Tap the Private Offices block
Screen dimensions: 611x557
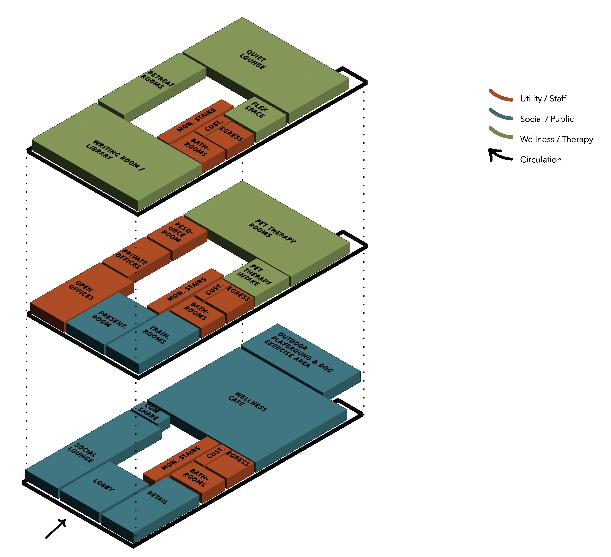pyautogui.click(x=131, y=259)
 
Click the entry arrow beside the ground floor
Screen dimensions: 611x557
pyautogui.click(x=56, y=529)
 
